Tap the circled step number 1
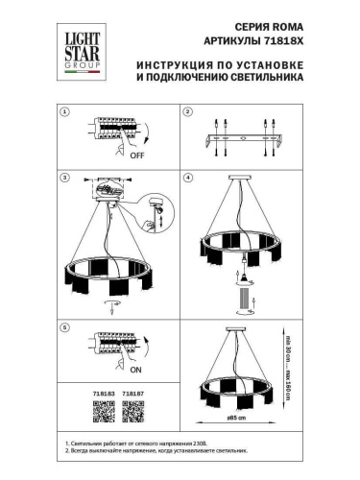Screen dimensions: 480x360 tap(64, 112)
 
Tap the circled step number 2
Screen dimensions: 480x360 tap(187, 112)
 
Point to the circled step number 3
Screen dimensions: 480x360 tap(64, 179)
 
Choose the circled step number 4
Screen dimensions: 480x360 tap(187, 179)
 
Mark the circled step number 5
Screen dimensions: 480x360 tap(64, 327)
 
